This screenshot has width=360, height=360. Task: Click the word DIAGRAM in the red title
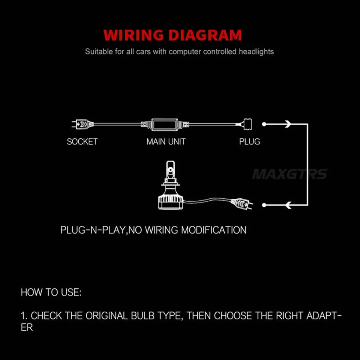(205, 35)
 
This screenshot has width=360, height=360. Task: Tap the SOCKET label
(82, 142)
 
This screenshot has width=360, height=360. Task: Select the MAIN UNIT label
(166, 142)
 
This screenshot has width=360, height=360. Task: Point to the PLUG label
(250, 142)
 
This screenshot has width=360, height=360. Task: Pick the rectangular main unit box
(165, 124)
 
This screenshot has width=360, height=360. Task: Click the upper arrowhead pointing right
(288, 124)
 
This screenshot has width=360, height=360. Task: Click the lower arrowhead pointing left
(288, 205)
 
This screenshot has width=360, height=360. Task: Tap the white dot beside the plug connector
(264, 124)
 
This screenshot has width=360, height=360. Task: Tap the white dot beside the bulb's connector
(264, 205)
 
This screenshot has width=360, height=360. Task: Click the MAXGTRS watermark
(290, 174)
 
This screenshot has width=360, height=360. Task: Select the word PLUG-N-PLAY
(93, 230)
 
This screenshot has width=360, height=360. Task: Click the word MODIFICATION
(214, 230)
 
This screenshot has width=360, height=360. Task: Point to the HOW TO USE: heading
(51, 292)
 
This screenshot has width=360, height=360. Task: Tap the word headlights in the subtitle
(256, 52)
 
